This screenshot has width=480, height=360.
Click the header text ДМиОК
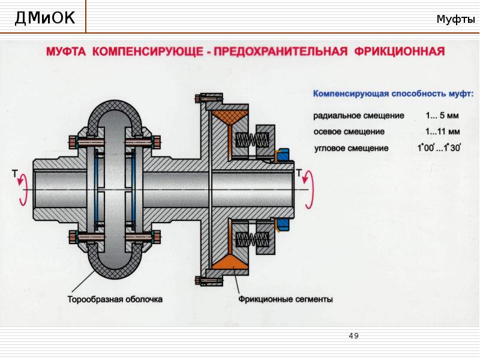coord(45,19)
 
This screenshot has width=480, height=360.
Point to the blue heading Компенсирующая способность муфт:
coord(393,94)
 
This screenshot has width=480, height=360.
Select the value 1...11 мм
coord(443,131)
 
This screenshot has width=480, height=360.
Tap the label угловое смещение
coord(351,148)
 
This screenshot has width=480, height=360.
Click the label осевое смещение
coord(349,131)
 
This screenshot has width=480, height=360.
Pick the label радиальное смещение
coord(359,115)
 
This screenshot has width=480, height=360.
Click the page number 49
coord(353,336)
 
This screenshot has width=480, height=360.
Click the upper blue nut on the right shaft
coord(282,154)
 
